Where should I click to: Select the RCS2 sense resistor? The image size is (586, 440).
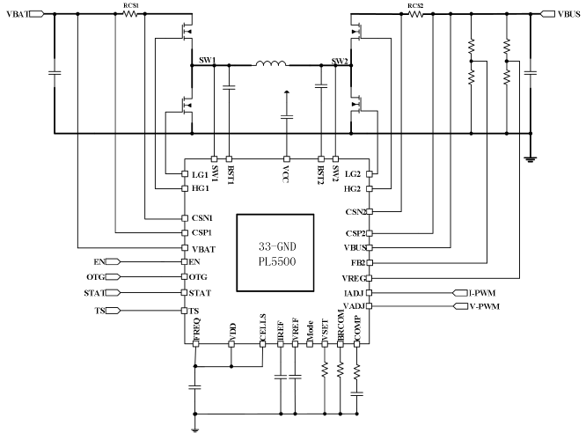[x=415, y=14]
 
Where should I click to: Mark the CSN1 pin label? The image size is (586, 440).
[x=201, y=217]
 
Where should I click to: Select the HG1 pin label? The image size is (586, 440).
[x=201, y=188]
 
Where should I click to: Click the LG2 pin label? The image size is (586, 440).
[x=353, y=173]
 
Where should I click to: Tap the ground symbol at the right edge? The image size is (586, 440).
[x=531, y=159]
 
